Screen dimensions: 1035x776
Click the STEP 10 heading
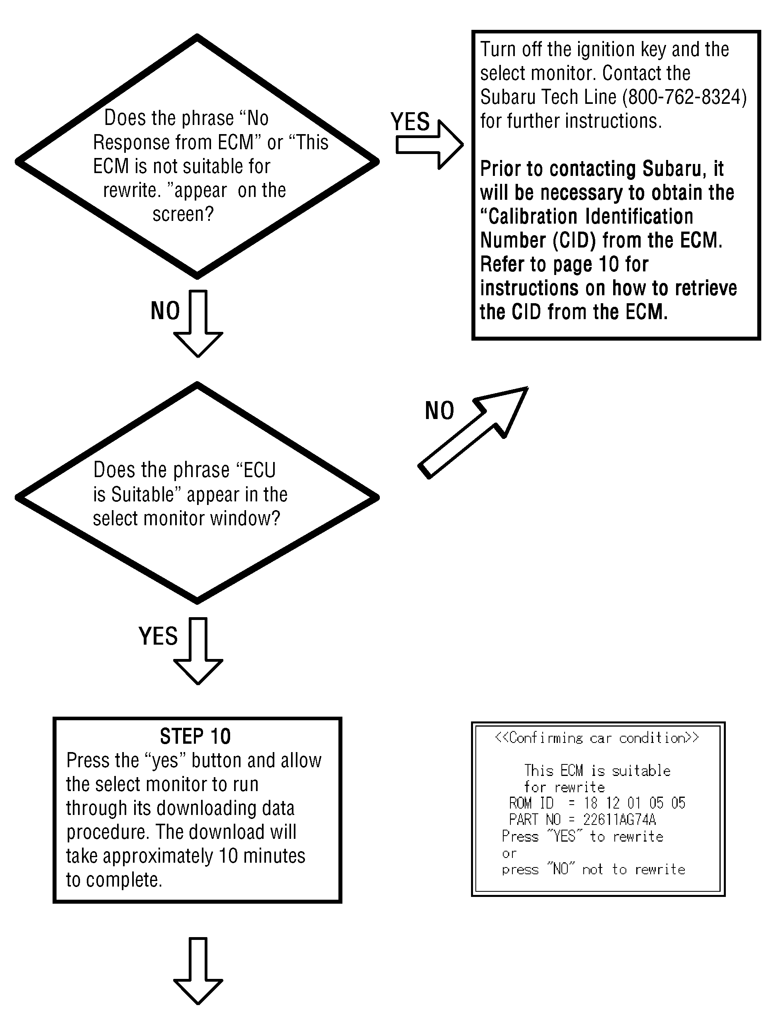pos(195,737)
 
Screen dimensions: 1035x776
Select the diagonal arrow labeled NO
pos(473,433)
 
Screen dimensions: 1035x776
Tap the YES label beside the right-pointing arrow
pos(410,122)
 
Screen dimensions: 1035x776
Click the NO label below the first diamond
pos(165,311)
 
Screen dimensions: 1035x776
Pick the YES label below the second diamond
pos(158,636)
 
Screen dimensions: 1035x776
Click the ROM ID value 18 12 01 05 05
pos(634,803)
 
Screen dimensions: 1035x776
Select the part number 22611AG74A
pos(619,820)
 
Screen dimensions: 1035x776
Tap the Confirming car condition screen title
pos(597,739)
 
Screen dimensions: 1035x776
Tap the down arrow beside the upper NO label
pos(198,324)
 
